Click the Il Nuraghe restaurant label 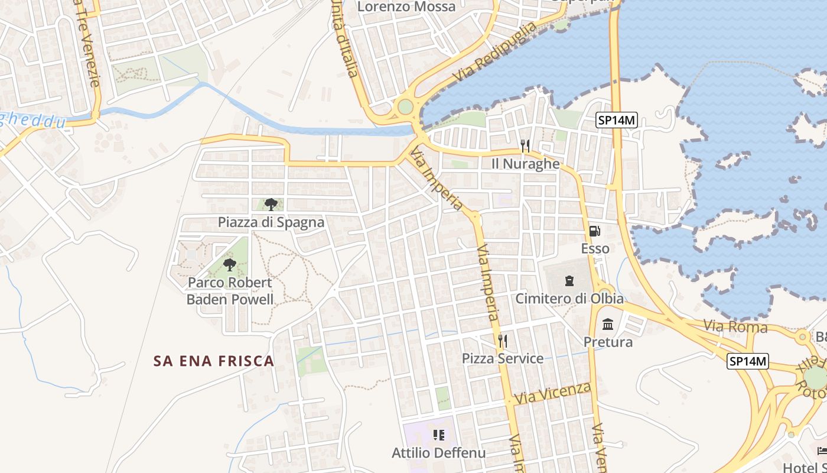[x=525, y=164]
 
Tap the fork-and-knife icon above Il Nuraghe [x=525, y=145]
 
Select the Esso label [x=595, y=248]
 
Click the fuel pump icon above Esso [x=594, y=231]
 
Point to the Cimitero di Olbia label [x=569, y=299]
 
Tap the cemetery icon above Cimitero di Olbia [x=569, y=280]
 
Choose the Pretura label [x=608, y=342]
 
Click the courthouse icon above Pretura [x=608, y=324]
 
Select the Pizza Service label [x=503, y=358]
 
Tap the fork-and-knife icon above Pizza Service [x=502, y=341]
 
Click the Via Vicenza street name [x=553, y=393]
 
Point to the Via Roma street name [x=735, y=326]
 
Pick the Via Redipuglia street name [x=495, y=52]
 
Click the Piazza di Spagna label [x=271, y=222]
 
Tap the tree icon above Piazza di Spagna [x=271, y=205]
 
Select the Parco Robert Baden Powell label [x=230, y=291]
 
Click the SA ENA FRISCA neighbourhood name [x=214, y=361]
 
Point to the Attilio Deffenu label [x=438, y=453]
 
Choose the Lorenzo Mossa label [x=408, y=7]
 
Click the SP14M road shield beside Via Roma [x=748, y=361]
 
